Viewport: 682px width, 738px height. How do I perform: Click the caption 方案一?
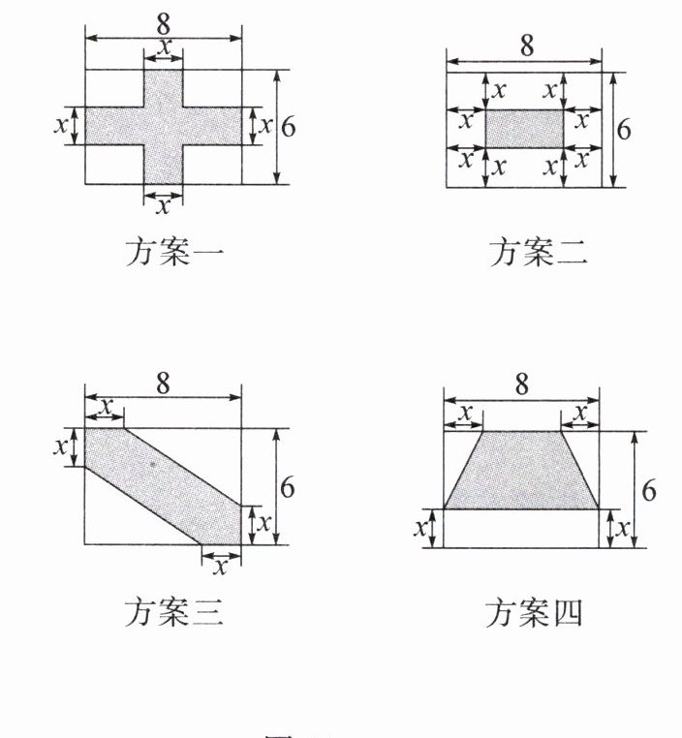point(174,254)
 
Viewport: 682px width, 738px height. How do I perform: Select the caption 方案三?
point(174,614)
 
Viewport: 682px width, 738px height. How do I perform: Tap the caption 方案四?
point(535,614)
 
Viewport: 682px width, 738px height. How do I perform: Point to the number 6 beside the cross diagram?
point(289,127)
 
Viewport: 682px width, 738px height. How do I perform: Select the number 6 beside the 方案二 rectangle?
point(623,129)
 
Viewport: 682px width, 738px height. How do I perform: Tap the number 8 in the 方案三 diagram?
point(163,382)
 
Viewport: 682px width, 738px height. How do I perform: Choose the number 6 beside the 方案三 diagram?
point(287,487)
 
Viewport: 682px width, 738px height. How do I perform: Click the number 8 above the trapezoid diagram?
point(522,385)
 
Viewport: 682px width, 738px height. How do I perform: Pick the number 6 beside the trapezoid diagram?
point(648,490)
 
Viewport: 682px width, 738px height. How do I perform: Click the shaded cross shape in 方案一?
point(163,126)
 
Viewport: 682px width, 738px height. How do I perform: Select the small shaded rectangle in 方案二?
point(523,129)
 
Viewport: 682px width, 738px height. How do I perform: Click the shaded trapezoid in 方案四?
point(521,472)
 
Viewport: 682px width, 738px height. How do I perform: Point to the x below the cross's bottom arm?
point(164,206)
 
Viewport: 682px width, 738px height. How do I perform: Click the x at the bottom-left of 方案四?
point(419,529)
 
